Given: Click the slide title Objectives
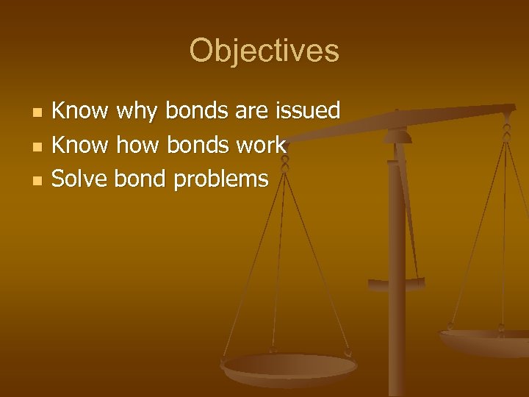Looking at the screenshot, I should click(264, 51).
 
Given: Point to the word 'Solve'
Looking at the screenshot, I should click(81, 179).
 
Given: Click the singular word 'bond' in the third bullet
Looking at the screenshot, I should click(140, 179).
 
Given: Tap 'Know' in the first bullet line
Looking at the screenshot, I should click(81, 111).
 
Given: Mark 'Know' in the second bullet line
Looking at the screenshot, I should click(81, 145).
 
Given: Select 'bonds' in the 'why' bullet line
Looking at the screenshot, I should click(196, 111).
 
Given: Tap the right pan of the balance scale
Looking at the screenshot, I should click(485, 343).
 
